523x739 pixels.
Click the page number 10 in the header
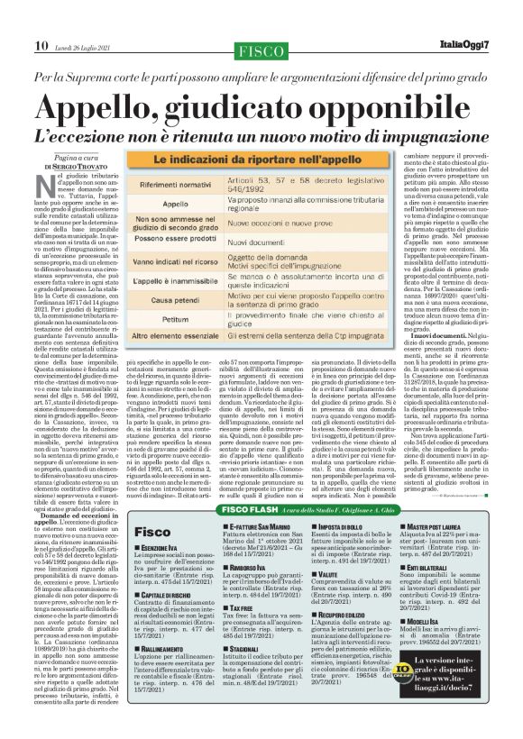tap(41, 19)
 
